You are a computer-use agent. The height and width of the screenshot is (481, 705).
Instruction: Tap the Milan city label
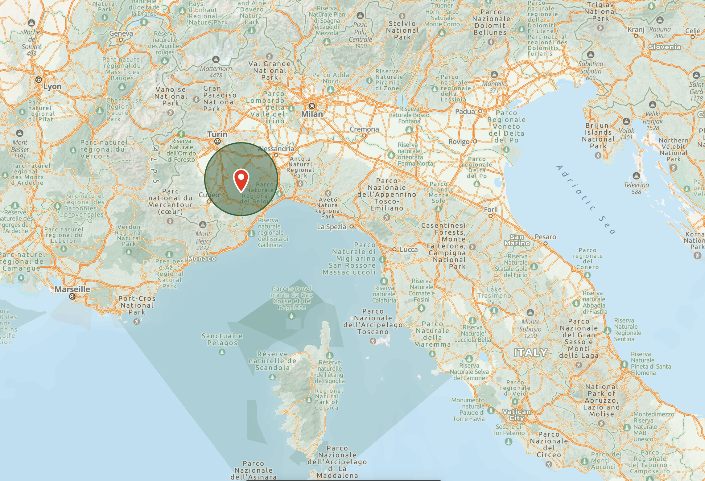(x=312, y=114)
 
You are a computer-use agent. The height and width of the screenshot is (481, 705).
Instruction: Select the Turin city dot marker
(x=218, y=142)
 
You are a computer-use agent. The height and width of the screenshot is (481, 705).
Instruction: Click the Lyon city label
(x=52, y=87)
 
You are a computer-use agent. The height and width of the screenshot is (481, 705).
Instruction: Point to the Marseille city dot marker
(x=72, y=297)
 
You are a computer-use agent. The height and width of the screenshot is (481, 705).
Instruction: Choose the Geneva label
(x=121, y=33)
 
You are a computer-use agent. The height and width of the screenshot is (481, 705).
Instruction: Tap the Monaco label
(x=202, y=259)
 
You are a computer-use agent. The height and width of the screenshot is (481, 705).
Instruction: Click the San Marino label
(x=517, y=240)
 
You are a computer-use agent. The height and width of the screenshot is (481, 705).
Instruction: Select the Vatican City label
(x=517, y=415)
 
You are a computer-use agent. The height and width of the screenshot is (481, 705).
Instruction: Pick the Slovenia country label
(x=664, y=47)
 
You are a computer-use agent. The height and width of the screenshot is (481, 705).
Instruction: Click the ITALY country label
(x=530, y=352)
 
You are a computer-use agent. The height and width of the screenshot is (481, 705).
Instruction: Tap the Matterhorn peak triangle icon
(x=216, y=59)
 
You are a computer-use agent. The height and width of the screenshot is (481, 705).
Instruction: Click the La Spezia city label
(x=332, y=227)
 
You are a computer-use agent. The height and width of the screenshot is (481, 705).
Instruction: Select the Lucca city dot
(x=394, y=249)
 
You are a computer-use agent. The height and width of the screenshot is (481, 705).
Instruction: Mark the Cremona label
(x=364, y=129)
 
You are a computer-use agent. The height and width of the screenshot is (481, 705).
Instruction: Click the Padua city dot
(x=480, y=111)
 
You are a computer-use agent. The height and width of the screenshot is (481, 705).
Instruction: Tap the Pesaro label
(x=545, y=237)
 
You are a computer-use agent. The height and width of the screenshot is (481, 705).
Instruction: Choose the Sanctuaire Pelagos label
(x=222, y=339)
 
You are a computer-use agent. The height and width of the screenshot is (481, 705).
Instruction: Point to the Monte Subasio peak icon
(x=530, y=313)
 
